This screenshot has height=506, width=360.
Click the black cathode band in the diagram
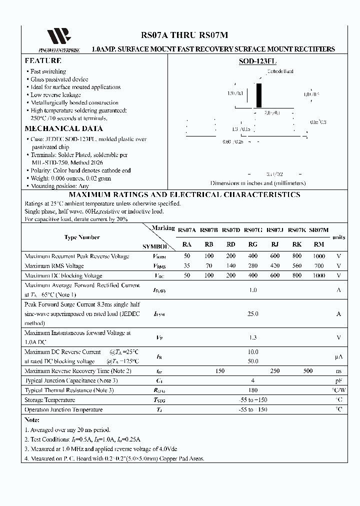pos(258,95)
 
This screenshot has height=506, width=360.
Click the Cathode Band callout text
pos(280,71)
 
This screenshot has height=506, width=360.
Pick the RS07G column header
pos(253,229)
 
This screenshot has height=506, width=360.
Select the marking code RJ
pos(274,244)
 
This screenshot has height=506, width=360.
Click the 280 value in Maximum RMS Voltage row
pos(253,266)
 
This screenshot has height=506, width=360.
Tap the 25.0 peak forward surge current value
pos(253,313)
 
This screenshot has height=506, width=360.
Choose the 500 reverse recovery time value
pos(308,371)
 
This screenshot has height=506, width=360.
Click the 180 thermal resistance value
pos(253,390)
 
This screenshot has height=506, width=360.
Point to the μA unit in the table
pos(338,356)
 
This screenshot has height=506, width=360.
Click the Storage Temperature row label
pos(50,400)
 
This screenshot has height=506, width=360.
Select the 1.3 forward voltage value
pos(253,337)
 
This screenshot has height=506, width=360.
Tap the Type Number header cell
pos(82,237)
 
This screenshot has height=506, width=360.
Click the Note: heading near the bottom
pos(32,420)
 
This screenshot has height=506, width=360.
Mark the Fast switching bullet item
pos(48,71)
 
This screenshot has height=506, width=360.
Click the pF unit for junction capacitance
pos(338,380)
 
